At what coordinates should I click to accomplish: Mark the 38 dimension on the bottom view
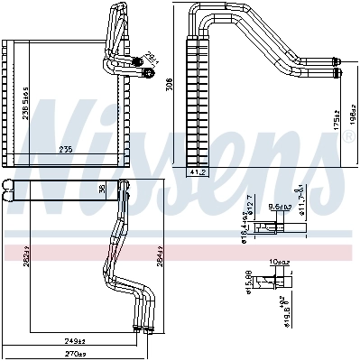tap(101, 188)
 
